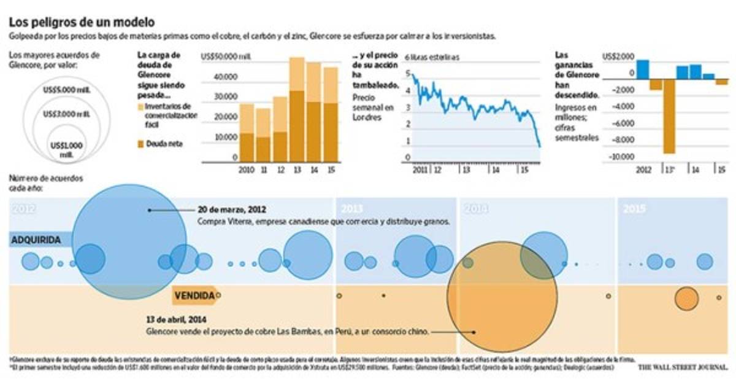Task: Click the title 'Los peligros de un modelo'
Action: tap(82, 22)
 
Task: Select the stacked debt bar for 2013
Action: tap(297, 109)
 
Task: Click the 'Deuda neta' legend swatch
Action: tap(140, 144)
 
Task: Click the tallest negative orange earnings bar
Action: tap(669, 116)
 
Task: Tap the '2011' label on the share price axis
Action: tap(420, 169)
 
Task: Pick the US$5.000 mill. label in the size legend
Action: tap(67, 90)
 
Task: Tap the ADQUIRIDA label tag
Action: tap(37, 240)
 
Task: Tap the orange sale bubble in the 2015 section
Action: tap(686, 299)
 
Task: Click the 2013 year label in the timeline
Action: tap(352, 209)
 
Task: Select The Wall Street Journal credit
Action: tap(681, 367)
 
